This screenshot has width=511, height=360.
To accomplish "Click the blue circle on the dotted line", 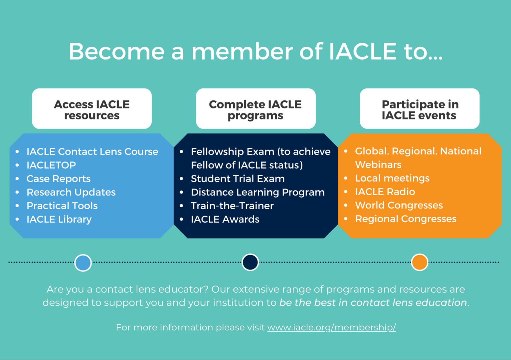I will click(83, 263).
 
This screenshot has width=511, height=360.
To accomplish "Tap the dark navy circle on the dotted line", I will click(250, 262).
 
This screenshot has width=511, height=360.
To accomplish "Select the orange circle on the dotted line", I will click(420, 262).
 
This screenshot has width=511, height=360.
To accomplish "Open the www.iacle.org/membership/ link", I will click(331, 327).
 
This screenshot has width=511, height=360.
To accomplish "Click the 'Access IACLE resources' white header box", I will click(92, 109).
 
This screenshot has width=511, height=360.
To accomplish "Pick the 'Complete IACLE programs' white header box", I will click(255, 109).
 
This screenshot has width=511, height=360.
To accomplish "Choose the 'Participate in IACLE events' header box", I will click(420, 109).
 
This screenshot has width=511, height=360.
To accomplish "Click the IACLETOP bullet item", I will click(51, 165).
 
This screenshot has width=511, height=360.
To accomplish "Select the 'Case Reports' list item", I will click(59, 179).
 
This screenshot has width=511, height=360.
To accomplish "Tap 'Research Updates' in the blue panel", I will click(71, 192).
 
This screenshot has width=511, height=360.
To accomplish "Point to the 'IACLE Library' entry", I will click(59, 219).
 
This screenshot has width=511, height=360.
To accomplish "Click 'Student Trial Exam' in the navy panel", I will click(238, 179).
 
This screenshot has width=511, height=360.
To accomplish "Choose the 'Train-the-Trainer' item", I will click(232, 206).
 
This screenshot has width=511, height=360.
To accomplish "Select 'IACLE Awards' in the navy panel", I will click(225, 219).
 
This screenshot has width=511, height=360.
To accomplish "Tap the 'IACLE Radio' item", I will click(385, 192).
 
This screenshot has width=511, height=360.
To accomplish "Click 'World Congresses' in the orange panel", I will click(399, 205).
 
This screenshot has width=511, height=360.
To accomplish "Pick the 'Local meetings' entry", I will click(392, 178).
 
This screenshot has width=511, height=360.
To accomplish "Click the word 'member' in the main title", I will click(242, 52).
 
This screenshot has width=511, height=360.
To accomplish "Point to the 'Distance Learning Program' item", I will click(257, 192).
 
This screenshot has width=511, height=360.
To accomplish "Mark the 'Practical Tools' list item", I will click(62, 206).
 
